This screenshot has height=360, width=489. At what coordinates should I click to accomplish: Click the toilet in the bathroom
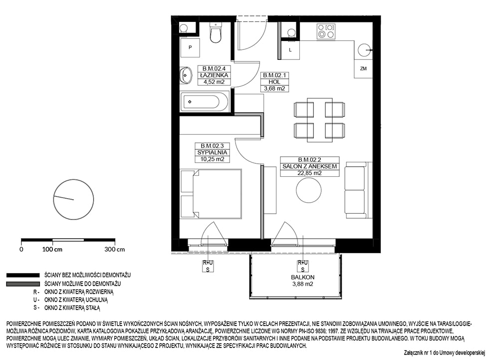pos(216,33)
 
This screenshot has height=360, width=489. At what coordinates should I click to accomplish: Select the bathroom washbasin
pos(186,75)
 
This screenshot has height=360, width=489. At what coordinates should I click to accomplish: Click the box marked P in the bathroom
pos(190,47)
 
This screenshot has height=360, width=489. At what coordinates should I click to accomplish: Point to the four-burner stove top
pos(326,31)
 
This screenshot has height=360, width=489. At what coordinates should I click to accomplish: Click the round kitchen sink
pos(364,49)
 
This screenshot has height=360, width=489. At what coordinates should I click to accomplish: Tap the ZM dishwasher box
pos(363,68)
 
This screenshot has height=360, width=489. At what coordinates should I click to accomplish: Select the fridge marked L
pos(290,49)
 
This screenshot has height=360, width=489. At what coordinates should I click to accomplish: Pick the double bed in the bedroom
pos(211,193)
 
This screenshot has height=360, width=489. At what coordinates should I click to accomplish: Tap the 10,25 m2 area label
pos(213,159)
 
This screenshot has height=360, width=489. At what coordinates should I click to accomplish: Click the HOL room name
pos(274,82)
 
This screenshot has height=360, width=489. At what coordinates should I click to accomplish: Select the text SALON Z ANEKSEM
pos(309,166)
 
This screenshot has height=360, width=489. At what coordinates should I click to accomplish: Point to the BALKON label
pos(302,277)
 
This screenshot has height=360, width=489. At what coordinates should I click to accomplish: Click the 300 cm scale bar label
pos(114,250)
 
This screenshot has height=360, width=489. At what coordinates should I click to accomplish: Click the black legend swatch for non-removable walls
pos(23,275)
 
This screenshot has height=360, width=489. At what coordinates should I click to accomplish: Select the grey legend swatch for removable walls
pos(23,284)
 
